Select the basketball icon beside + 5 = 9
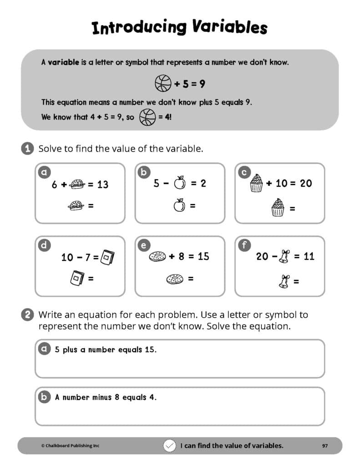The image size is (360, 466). (x=163, y=84)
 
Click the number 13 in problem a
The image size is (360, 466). (x=102, y=184)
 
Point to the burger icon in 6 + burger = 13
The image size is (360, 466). (x=77, y=184)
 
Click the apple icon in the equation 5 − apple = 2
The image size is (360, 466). (x=180, y=183)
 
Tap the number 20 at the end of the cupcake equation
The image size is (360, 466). (x=305, y=183)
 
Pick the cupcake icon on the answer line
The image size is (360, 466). (x=278, y=208)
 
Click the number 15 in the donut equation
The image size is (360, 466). (x=203, y=256)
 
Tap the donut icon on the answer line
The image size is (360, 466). (x=174, y=278)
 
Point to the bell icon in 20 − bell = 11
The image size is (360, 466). (x=284, y=257)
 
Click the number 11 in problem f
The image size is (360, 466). (x=309, y=256)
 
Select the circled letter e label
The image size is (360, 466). (x=143, y=245)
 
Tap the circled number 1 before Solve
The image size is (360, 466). (x=28, y=148)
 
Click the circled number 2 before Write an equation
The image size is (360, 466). (x=28, y=314)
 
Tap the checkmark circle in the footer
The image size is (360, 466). (x=169, y=446)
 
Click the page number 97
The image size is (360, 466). (x=325, y=446)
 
